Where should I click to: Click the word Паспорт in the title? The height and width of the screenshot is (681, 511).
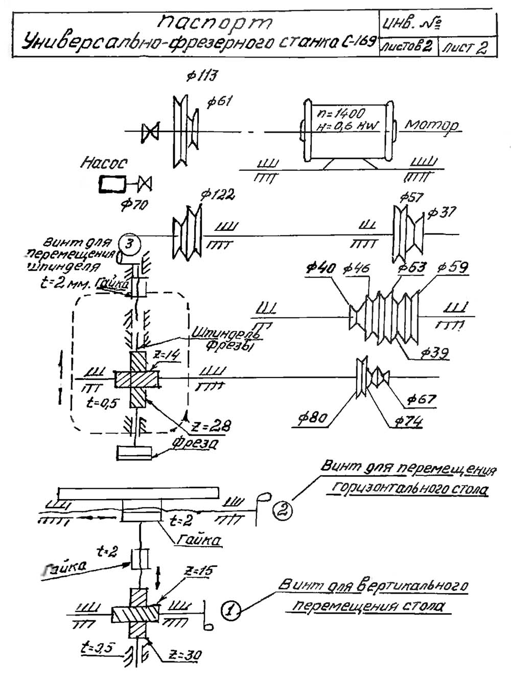click(215, 22)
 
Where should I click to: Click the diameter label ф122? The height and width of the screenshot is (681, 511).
click(217, 195)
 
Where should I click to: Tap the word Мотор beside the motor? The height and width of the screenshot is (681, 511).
click(432, 125)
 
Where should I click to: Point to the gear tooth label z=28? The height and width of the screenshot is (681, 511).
click(211, 426)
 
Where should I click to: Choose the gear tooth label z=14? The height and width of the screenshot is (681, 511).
click(168, 356)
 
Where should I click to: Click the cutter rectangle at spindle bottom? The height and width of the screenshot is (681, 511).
click(134, 453)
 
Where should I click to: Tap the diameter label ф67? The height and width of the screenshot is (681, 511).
click(422, 399)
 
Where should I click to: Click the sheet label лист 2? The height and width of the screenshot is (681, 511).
click(465, 48)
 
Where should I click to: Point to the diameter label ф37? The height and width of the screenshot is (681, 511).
click(442, 212)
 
